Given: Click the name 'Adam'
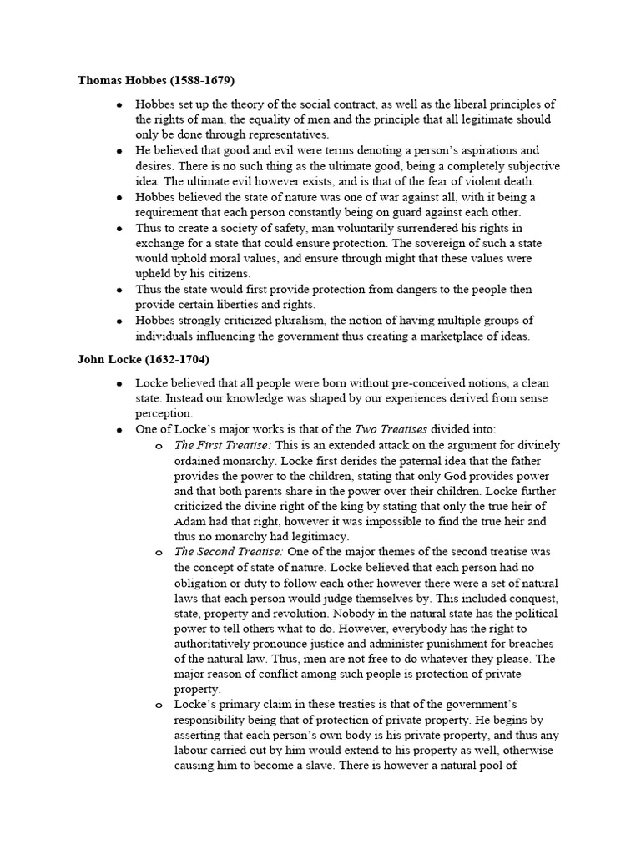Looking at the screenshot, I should [190, 521].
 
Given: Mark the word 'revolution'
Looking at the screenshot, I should [310, 614].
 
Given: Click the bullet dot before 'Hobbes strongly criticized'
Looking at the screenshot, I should [120, 321].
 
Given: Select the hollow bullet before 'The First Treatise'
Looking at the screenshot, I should [159, 446].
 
